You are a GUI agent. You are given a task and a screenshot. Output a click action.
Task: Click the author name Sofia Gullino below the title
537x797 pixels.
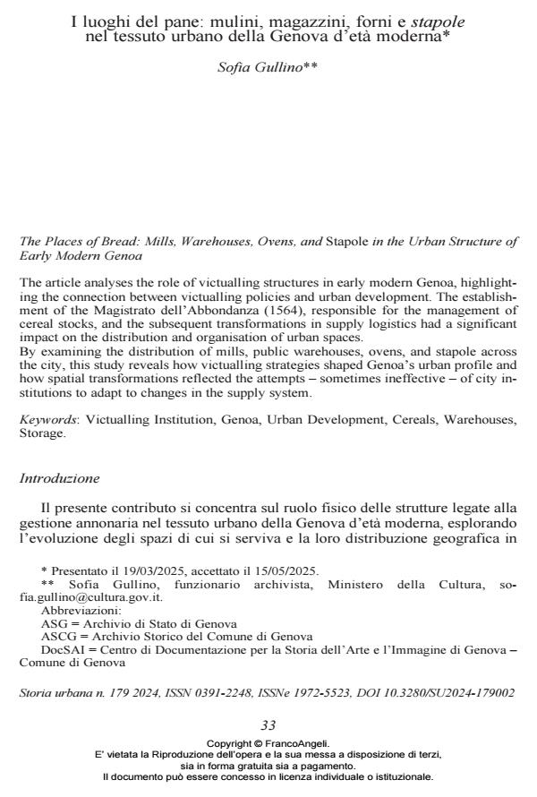click(268, 68)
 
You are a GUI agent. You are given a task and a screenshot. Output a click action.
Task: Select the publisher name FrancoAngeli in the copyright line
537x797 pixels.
click(296, 743)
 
